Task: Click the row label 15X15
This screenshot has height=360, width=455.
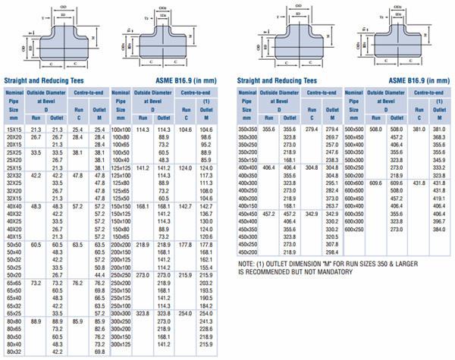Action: [14, 130]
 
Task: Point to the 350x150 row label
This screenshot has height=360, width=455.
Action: [247, 160]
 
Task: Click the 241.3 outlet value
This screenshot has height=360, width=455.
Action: [206, 321]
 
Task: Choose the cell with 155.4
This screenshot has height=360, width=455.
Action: [206, 267]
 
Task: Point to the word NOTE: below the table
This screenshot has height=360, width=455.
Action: [248, 263]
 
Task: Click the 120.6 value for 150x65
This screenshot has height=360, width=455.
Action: [206, 236]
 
